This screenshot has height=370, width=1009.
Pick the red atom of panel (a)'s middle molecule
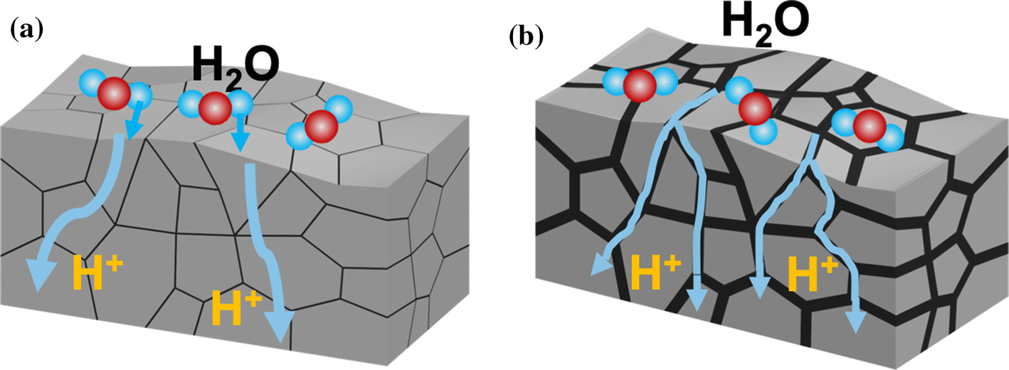(214, 110)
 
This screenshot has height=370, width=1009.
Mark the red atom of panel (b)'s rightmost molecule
(869, 127)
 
